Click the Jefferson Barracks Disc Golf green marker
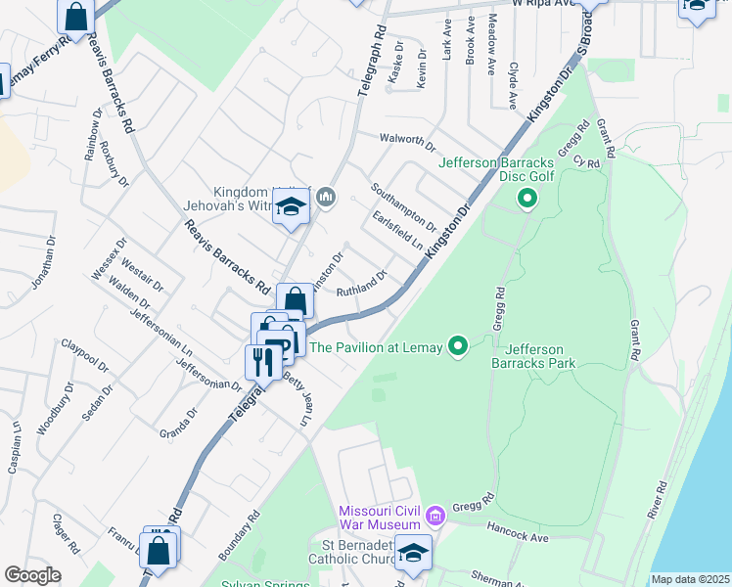coord(527,201)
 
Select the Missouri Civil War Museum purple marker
coord(436,514)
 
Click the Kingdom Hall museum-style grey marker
coord(326,200)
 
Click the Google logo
coord(31,575)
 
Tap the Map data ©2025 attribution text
coord(690,579)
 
